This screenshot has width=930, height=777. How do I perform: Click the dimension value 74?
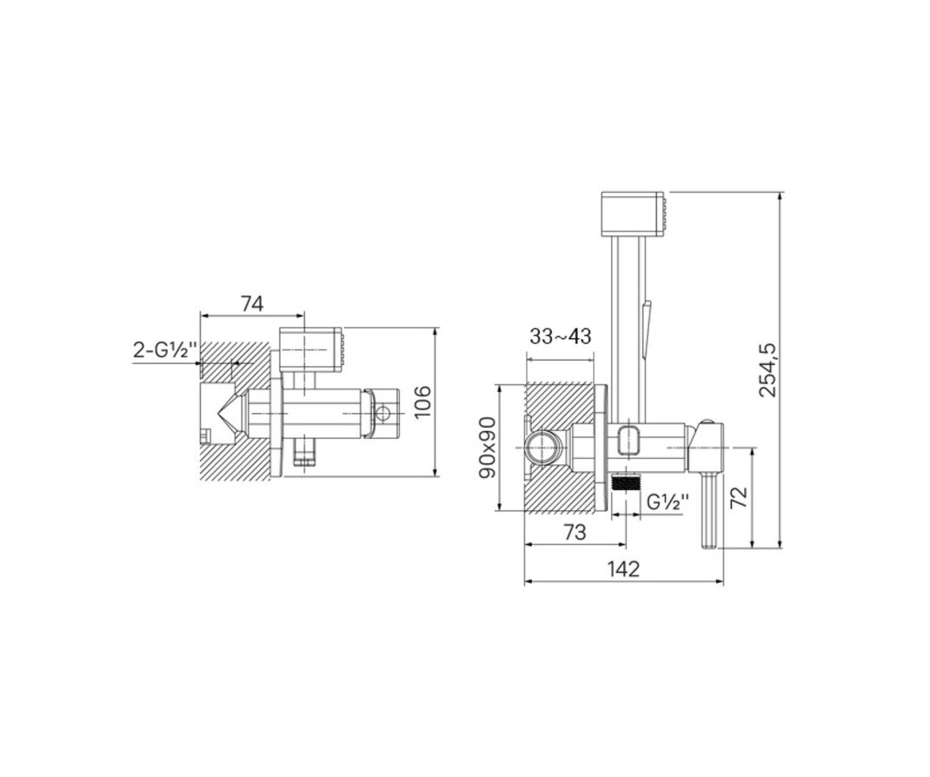click(x=252, y=303)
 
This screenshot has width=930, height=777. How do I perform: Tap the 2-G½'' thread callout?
click(x=165, y=350)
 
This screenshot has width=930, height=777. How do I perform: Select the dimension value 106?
click(x=422, y=402)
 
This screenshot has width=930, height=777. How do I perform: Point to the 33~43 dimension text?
click(x=560, y=337)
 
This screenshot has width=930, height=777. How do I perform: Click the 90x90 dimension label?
click(x=488, y=448)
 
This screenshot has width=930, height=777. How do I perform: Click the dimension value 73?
click(x=575, y=532)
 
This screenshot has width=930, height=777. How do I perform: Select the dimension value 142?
click(x=623, y=569)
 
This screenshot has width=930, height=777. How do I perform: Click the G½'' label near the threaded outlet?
click(x=668, y=501)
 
